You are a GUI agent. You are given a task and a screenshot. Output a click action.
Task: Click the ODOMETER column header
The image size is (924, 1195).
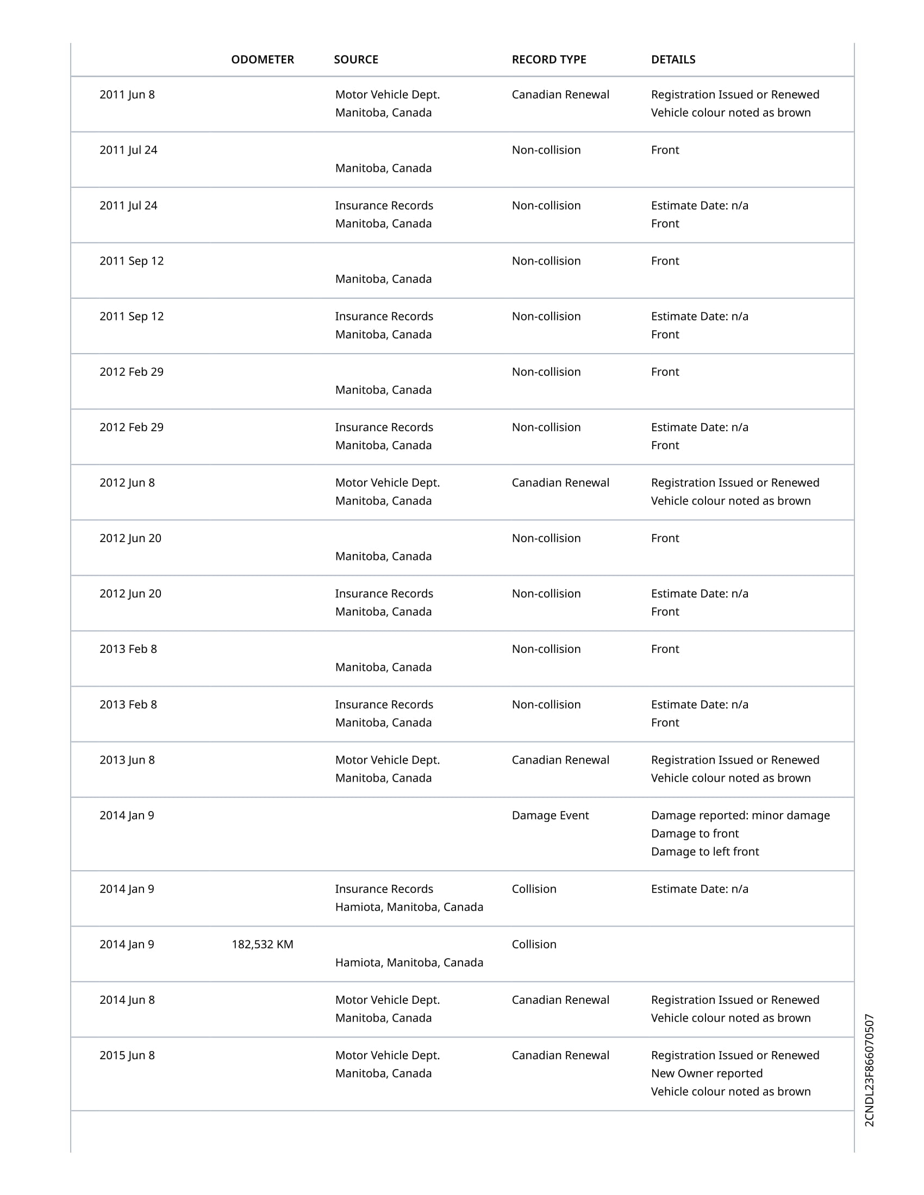pos(262,60)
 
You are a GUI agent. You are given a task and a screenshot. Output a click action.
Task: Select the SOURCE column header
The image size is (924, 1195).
pos(356,60)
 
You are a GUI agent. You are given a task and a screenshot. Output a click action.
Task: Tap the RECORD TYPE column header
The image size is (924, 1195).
pos(548,60)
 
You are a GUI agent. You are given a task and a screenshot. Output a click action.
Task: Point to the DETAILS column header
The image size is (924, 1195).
pos(673,60)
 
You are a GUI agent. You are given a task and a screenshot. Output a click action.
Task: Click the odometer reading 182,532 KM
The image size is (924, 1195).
pos(262,945)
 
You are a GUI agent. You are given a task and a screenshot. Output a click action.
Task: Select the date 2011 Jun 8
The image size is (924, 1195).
pos(127,95)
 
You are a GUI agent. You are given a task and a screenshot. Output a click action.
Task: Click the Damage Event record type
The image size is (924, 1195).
pos(550,815)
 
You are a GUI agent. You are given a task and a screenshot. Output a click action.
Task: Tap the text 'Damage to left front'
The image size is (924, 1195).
pos(704,851)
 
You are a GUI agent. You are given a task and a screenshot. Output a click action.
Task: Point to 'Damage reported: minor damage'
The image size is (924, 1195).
pos(740,815)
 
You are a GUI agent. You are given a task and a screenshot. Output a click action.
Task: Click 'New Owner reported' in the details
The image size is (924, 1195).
pos(706,1073)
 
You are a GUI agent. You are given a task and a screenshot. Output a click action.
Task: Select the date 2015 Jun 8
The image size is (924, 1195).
pos(127,1055)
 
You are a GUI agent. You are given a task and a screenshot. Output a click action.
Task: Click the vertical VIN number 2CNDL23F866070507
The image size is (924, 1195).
pos(869,1070)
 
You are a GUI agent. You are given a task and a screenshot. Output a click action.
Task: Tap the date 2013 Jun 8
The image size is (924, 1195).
pos(127,760)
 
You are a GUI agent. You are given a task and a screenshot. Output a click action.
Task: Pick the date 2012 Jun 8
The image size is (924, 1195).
pos(127,482)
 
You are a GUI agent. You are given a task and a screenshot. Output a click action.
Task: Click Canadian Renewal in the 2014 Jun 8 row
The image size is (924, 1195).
pos(560,999)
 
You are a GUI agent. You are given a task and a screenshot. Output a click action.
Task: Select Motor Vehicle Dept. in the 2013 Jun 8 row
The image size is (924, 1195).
pos(387,760)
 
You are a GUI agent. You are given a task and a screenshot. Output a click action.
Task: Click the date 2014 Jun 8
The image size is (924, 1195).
pos(127,999)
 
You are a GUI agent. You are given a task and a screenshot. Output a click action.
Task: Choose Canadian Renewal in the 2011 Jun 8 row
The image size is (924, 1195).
pos(560,95)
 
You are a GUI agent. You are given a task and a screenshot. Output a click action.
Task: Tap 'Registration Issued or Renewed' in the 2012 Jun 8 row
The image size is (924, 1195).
pos(735,482)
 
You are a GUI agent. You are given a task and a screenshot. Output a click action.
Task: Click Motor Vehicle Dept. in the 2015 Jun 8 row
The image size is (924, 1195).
pos(387,1055)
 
